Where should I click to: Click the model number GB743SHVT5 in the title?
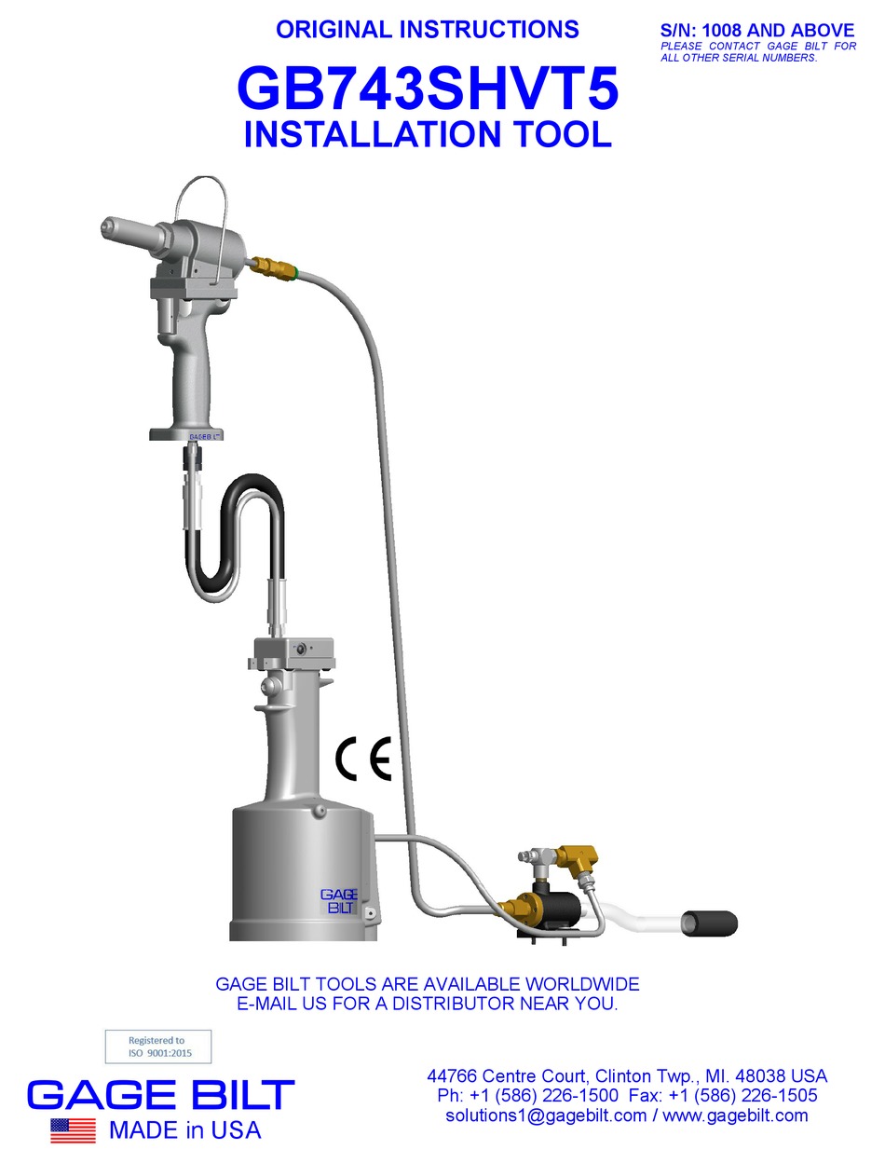tap(428, 91)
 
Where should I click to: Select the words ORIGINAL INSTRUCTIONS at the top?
tap(428, 29)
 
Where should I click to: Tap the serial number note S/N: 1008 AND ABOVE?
tap(756, 31)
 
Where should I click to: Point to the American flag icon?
tap(73, 1130)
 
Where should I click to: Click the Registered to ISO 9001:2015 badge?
tap(157, 1047)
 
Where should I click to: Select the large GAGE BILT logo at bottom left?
tap(161, 1094)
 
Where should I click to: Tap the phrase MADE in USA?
tap(184, 1130)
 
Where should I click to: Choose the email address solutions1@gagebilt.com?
tap(546, 1115)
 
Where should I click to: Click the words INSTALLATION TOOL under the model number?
tap(428, 133)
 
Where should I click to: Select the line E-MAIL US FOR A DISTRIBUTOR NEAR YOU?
tap(428, 1005)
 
